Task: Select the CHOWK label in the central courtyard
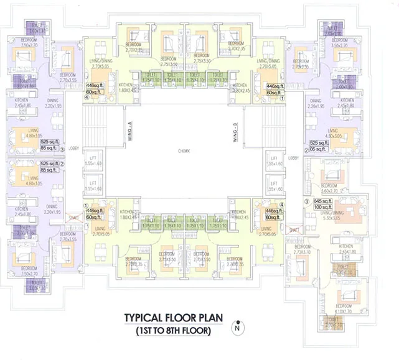coord(182,151)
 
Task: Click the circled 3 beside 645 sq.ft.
coord(306,201)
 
